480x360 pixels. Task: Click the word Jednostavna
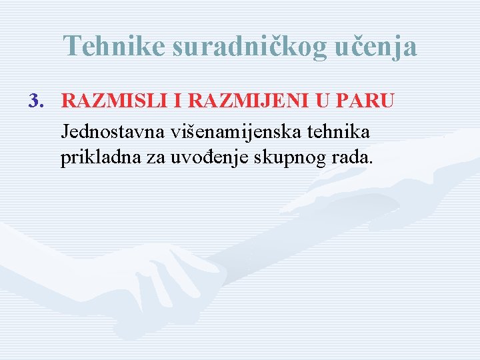[113, 131]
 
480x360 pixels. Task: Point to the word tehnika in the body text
[342, 131]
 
